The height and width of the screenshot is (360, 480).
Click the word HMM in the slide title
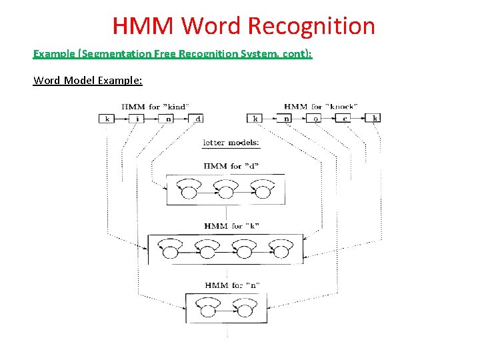click(143, 27)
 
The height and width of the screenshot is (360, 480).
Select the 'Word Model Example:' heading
click(87, 81)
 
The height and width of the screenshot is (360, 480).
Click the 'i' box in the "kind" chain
click(136, 119)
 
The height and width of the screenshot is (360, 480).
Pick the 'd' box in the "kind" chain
click(198, 119)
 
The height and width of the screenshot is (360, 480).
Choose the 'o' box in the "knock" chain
click(315, 119)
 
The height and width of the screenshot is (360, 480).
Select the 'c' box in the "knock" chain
click(345, 119)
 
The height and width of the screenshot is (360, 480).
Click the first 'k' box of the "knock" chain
click(255, 119)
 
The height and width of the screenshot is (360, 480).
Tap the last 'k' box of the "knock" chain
click(375, 119)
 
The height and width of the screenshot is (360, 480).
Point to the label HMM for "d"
click(227, 166)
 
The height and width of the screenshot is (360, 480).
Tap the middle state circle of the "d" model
click(226, 193)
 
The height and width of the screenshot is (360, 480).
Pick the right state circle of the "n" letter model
click(245, 311)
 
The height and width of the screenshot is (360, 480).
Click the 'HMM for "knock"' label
click(321, 107)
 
